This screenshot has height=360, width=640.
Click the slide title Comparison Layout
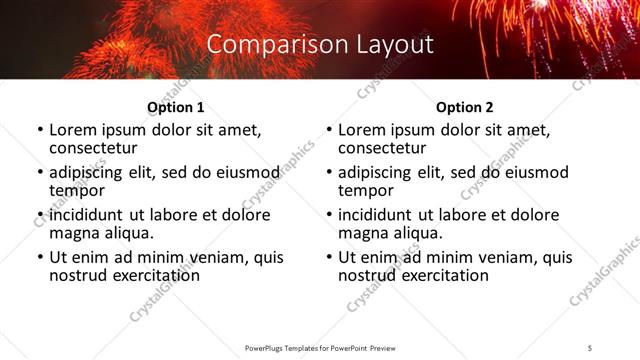point(320,45)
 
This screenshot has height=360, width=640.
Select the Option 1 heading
point(176,107)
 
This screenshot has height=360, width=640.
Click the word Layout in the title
point(394,45)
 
